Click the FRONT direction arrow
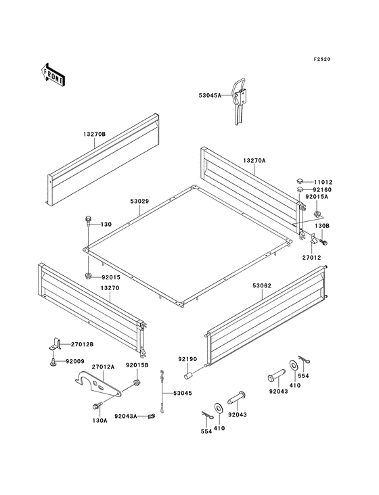(53, 75)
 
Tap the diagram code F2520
(322, 59)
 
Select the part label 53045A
(210, 95)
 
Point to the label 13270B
(94, 134)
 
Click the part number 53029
(139, 201)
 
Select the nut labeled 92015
(88, 276)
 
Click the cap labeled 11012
(299, 181)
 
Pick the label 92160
(323, 190)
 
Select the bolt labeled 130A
(97, 406)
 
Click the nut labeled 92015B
(137, 383)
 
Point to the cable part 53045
(162, 392)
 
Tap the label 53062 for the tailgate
(262, 285)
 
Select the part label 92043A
(126, 416)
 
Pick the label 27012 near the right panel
(312, 258)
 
